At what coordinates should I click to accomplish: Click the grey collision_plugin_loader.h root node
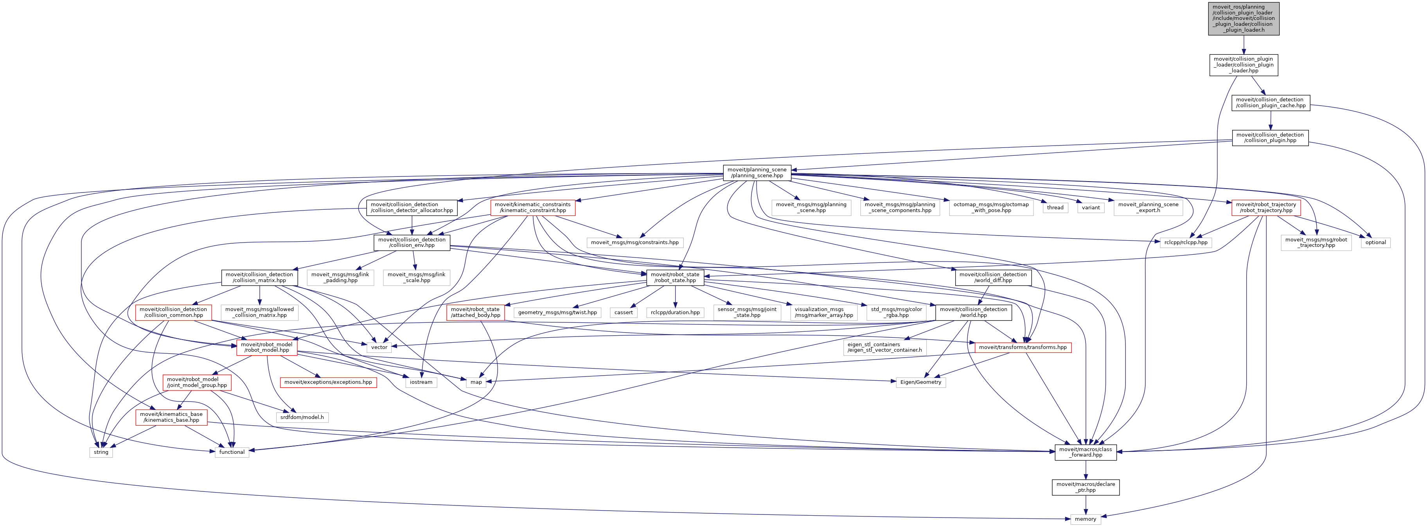pyautogui.click(x=1244, y=18)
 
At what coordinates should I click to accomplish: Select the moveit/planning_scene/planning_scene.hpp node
pyautogui.click(x=757, y=173)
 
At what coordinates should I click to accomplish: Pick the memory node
pyautogui.click(x=1085, y=519)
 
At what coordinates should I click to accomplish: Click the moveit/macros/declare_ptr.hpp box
pyautogui.click(x=1085, y=487)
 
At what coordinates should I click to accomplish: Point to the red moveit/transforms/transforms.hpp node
pyautogui.click(x=1022, y=347)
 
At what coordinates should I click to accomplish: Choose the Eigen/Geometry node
pyautogui.click(x=920, y=382)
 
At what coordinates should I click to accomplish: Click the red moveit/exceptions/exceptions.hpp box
pyautogui.click(x=328, y=382)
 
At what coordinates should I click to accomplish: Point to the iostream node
pyautogui.click(x=421, y=382)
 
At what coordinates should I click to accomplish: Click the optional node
pyautogui.click(x=1375, y=242)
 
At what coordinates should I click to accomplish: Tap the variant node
pyautogui.click(x=1091, y=208)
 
